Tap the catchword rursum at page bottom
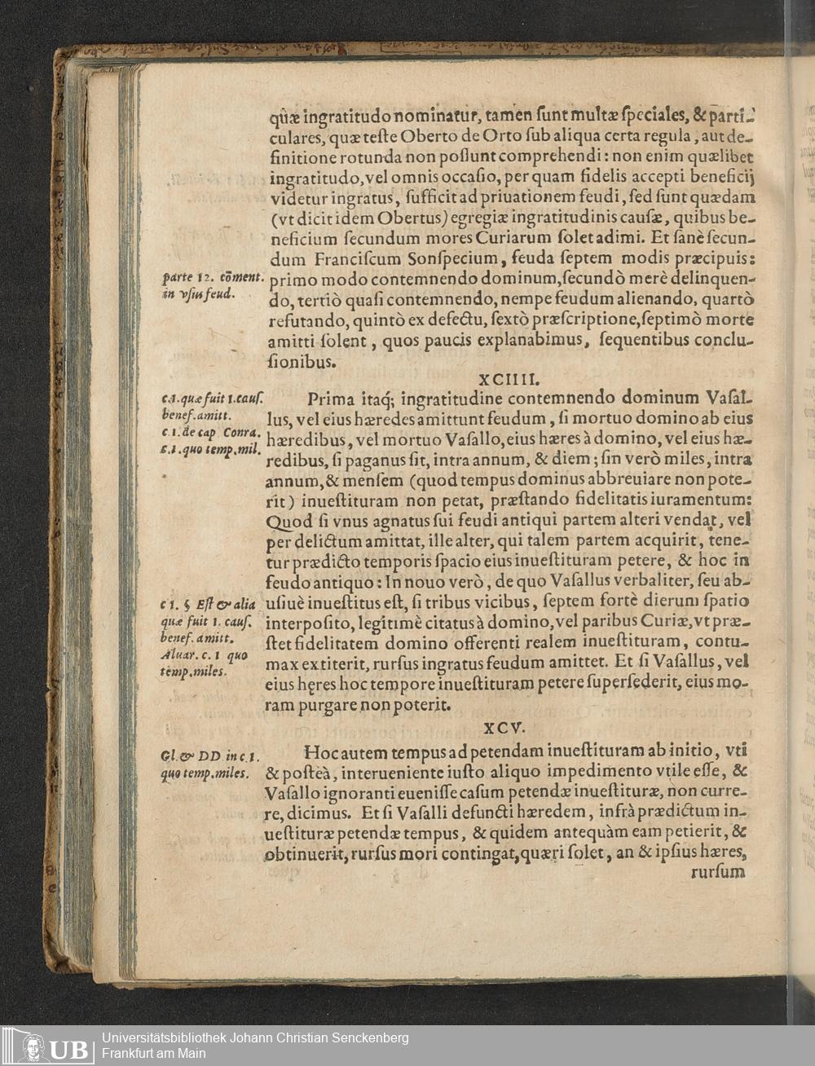[717, 872]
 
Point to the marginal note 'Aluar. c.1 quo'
[205, 655]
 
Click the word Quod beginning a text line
[289, 520]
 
